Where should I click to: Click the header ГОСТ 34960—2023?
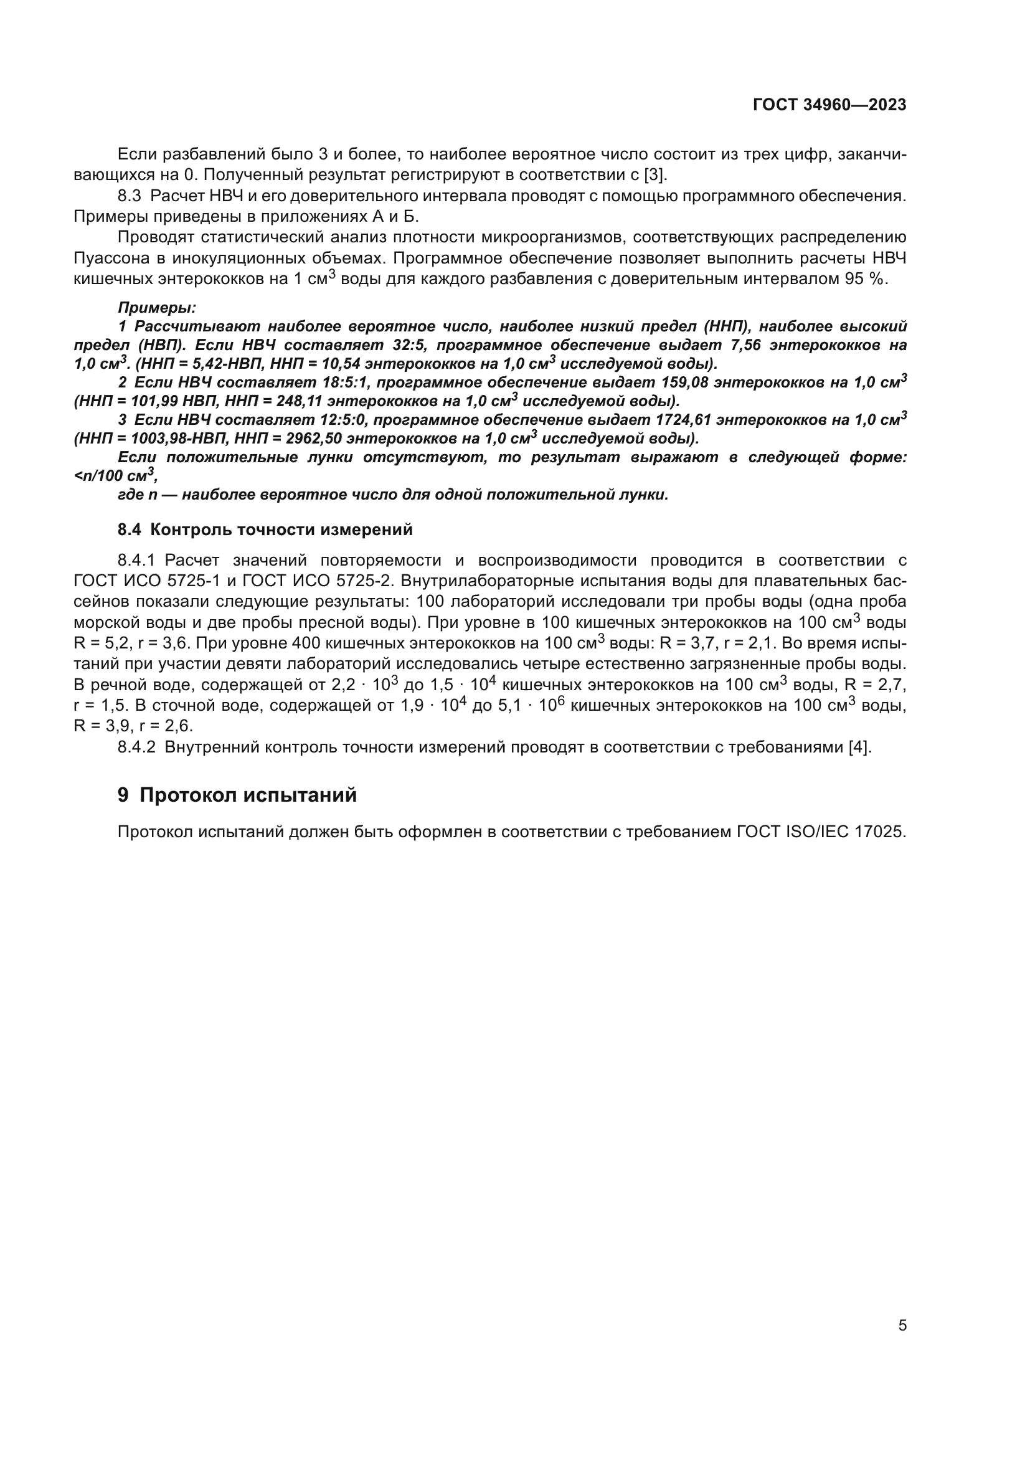pos(829,105)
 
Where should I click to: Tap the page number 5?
pos(902,1325)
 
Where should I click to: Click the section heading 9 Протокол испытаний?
pos(237,795)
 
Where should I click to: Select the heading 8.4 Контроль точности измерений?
pos(265,529)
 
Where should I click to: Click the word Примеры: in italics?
pos(157,308)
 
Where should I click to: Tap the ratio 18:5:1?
pos(343,382)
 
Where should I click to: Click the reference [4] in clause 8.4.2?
pos(859,747)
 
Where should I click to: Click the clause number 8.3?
pos(130,196)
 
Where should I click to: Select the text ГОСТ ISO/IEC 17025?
pos(821,832)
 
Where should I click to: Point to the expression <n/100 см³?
pos(114,476)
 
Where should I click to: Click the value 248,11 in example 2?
pos(300,402)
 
